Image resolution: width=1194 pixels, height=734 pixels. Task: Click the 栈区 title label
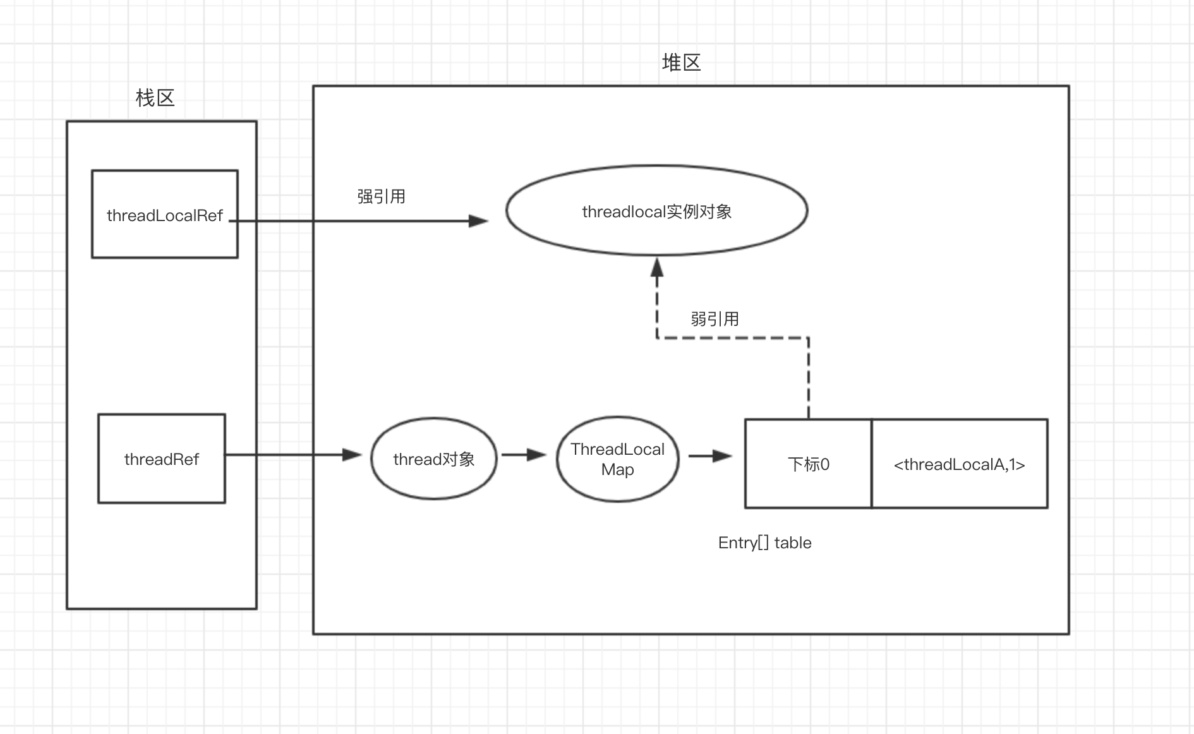point(155,98)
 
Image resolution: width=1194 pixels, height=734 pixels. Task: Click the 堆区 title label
point(681,63)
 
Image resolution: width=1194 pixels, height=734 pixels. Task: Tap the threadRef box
point(161,459)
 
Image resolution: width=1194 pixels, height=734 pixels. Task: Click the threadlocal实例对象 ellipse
point(656,211)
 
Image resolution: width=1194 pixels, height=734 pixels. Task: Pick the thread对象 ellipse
point(433,459)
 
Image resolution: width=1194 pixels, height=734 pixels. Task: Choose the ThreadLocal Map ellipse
point(617,459)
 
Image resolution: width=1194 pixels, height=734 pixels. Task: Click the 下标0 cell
point(808,464)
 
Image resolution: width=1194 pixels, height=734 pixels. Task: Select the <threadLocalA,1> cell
point(959,464)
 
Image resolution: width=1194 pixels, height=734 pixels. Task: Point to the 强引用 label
point(381,196)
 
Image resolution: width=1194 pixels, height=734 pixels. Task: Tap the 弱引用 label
point(715,319)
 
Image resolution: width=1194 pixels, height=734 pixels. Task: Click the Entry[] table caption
point(764,543)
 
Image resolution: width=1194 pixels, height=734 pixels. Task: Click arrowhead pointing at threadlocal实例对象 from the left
point(478,221)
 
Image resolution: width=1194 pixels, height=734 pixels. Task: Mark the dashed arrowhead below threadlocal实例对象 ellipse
point(657,268)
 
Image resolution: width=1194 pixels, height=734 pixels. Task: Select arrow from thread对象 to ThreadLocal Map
point(524,455)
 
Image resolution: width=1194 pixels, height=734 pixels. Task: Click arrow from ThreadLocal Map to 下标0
point(710,455)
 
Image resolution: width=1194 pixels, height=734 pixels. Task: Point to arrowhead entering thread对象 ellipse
point(351,455)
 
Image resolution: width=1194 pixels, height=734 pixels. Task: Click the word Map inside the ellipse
point(617,470)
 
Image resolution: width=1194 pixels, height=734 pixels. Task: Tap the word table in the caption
point(793,543)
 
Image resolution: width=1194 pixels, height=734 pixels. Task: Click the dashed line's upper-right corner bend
point(809,338)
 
